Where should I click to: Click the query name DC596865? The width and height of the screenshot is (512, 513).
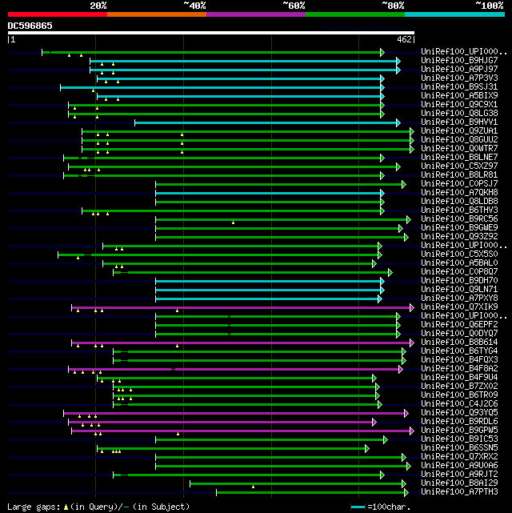pos(30,26)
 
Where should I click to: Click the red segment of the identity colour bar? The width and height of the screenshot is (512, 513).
pos(57,14)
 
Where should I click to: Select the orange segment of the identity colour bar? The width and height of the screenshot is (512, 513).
pos(156,14)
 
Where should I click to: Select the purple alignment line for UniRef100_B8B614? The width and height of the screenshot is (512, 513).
pos(240,343)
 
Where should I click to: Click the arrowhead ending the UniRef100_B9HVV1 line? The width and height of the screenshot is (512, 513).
pos(398,122)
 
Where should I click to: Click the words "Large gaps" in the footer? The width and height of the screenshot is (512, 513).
pos(31,507)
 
